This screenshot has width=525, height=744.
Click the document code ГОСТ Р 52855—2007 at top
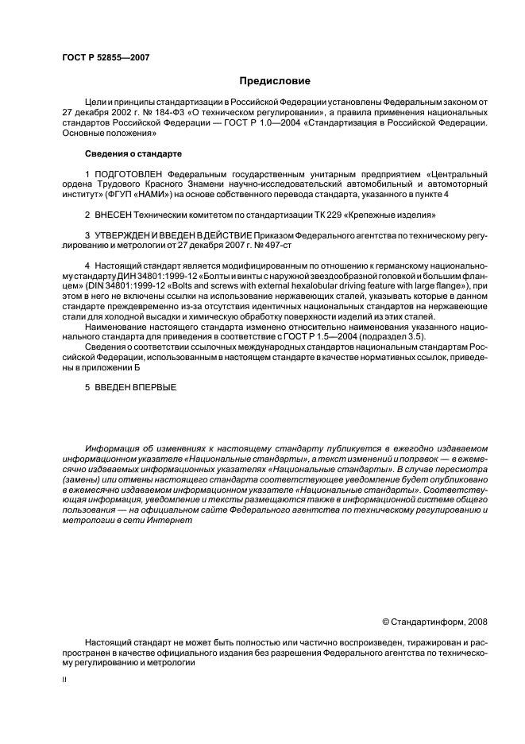pos(105,57)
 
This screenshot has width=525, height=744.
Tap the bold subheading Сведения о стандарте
pos(133,153)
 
